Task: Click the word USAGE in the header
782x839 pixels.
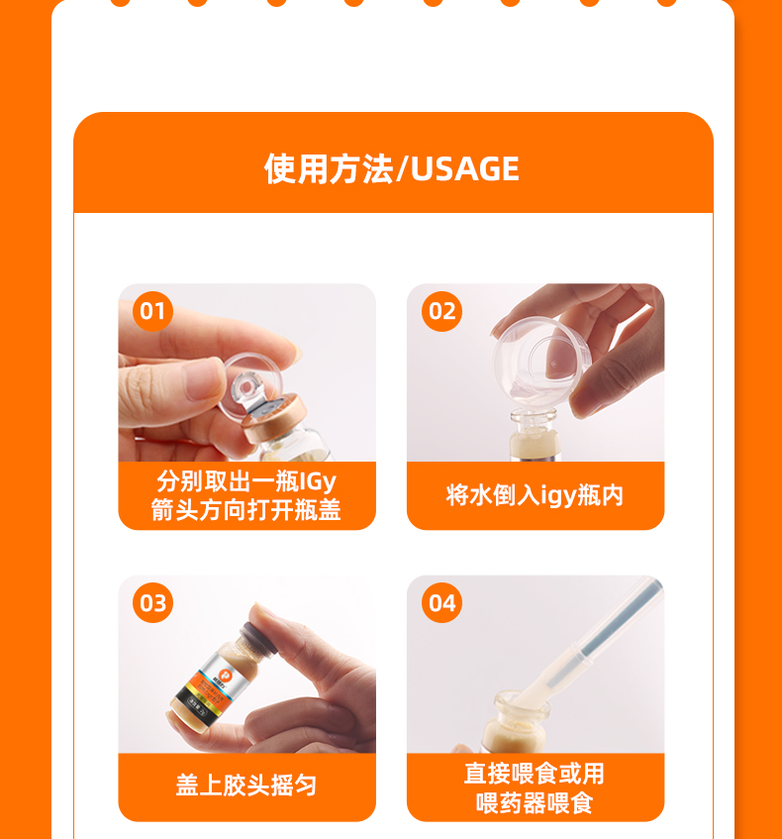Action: [465, 169]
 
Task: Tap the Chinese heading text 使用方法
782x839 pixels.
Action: [329, 169]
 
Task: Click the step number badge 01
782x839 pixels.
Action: [152, 311]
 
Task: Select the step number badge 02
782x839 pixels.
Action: [441, 311]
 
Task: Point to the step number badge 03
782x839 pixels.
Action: [152, 603]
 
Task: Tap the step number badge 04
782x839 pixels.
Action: [441, 603]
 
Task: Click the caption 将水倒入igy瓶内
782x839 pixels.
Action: [535, 495]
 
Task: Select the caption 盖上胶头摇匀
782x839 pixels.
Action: [246, 786]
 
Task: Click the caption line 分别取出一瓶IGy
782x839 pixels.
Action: [246, 481]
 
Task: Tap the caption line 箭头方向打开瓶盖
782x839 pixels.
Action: [246, 509]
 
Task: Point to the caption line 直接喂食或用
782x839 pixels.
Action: [535, 774]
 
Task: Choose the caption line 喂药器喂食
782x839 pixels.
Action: [535, 803]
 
